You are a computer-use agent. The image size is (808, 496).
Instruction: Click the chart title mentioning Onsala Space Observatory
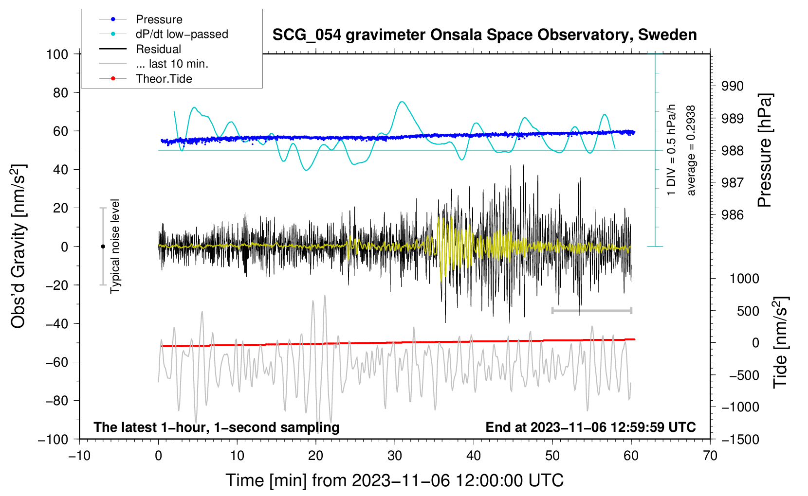pos(484,35)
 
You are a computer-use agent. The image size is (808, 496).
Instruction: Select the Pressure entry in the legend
pos(159,19)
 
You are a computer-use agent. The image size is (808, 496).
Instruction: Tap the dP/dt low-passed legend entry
pos(182,34)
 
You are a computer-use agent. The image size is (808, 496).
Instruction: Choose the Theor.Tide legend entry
pos(164,79)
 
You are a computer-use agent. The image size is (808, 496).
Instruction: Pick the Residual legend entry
pos(158,49)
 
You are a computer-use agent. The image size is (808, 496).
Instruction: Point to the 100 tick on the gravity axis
pos(57,54)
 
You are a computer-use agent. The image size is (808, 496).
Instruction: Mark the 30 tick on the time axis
pos(395,456)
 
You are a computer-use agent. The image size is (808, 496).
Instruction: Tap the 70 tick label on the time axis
pos(710,456)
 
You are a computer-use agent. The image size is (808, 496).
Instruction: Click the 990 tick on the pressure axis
pos(733,87)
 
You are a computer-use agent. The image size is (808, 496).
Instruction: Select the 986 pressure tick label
pos(733,215)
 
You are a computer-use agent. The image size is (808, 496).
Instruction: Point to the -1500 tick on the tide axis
pos(740,440)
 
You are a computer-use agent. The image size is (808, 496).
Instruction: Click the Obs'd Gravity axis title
pos(18,247)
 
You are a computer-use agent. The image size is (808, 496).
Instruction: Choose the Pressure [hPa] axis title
pos(765,150)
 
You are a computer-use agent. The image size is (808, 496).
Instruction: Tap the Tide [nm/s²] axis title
pos(780,342)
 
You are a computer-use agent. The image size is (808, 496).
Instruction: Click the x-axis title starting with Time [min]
pos(394,480)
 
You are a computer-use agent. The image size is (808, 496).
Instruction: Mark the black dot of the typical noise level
pos(103,247)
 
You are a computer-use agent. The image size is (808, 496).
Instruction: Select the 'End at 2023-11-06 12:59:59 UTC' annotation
pos(590,427)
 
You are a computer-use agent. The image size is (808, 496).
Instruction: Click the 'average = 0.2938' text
pos(691,150)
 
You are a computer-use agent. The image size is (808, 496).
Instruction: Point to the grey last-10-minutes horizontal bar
pos(591,310)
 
